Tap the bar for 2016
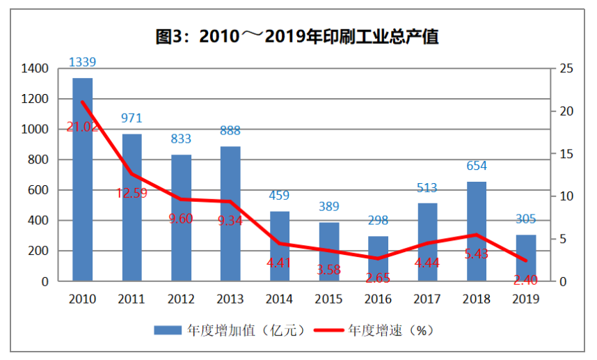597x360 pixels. pos(379,258)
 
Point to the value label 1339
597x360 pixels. pos(82,62)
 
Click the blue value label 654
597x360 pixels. pos(477,166)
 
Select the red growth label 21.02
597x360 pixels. pos(83,127)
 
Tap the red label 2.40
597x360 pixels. pos(525,280)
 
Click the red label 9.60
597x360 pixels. pos(181,219)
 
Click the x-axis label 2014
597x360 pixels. pos(280,299)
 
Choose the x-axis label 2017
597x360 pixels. pos(427,299)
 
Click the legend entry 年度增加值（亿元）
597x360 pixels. pos(229,330)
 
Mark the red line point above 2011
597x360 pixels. pos(132,174)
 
